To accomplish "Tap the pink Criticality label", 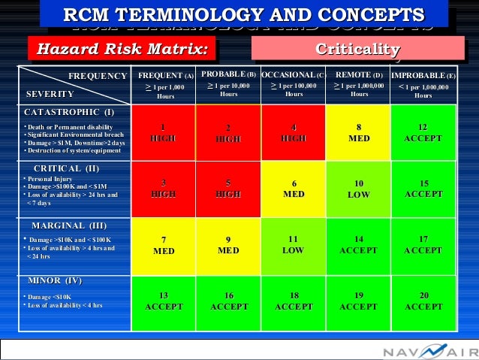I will (358, 50).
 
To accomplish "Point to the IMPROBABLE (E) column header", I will (423, 85).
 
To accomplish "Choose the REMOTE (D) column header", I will (359, 85).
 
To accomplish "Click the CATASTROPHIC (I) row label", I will (69, 112).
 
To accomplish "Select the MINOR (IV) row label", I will (55, 281).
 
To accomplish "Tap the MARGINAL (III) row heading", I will (69, 225).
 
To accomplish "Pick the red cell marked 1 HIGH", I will (163, 132).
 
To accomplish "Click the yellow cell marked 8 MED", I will (359, 132).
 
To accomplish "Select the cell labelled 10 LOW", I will (359, 189).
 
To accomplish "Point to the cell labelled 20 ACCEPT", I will (423, 301).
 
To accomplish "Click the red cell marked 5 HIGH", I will (228, 189).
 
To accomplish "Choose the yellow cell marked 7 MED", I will (163, 245).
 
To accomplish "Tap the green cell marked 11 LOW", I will (294, 245).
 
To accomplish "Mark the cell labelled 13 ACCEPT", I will (163, 301).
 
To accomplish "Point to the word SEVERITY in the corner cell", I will (50, 95).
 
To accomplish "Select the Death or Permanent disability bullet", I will (69, 126).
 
